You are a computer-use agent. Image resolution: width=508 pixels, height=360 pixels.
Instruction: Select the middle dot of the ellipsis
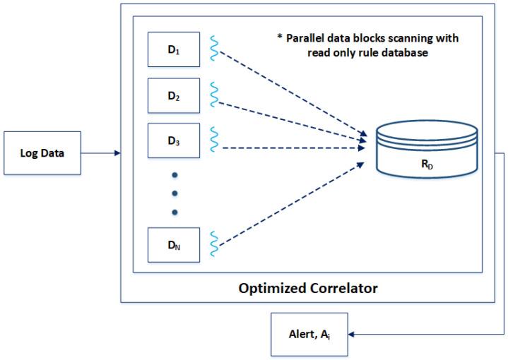click(175, 193)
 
